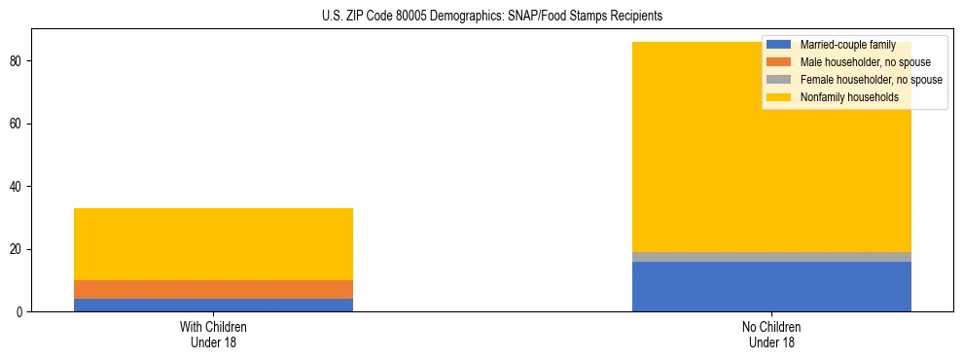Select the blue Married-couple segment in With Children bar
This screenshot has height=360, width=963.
(x=213, y=305)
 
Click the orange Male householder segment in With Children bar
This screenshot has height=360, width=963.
(x=213, y=289)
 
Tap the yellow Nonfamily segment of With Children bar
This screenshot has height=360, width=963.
(x=213, y=244)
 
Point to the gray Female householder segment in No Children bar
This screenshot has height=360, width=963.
(x=771, y=257)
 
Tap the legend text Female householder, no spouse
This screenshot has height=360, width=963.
(x=871, y=80)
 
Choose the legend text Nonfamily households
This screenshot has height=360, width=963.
(x=848, y=97)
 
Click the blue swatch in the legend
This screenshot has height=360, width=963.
(x=779, y=45)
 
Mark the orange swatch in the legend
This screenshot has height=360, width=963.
(x=779, y=62)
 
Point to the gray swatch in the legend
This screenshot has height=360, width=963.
(x=779, y=80)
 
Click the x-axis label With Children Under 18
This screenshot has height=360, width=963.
(x=213, y=335)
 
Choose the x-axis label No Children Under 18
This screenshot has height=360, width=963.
(x=771, y=335)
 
